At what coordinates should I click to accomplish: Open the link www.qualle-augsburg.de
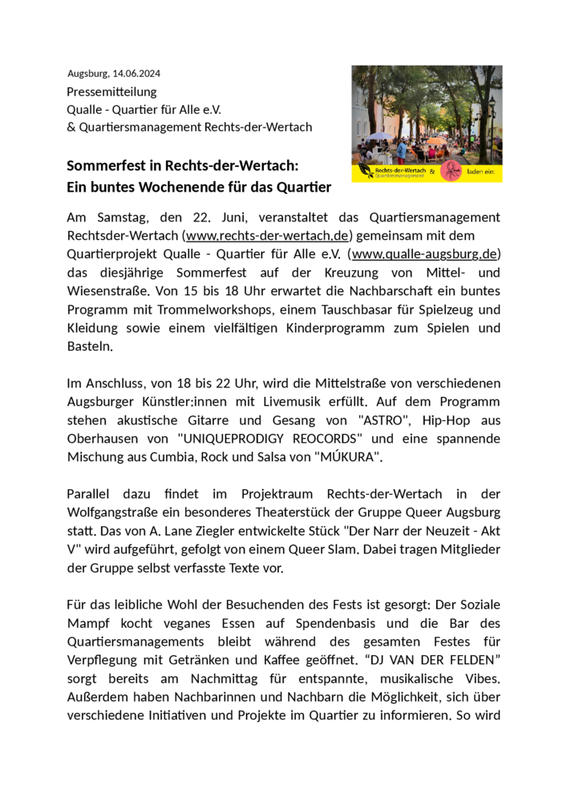pos(424,254)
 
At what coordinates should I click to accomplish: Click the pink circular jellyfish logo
pos(451,172)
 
